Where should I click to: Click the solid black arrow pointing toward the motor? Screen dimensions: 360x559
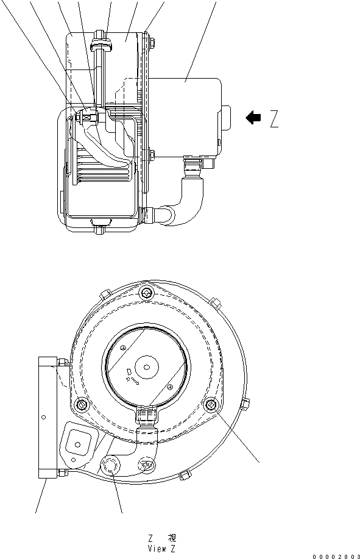[x=253, y=117]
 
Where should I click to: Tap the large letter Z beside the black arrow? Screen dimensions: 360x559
[x=274, y=119]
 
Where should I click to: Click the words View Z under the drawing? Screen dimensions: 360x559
[x=161, y=549]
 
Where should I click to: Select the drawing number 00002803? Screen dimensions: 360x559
[x=336, y=556]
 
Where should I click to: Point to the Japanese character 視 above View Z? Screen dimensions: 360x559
[x=172, y=538]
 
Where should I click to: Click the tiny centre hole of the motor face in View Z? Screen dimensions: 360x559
[x=147, y=366]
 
